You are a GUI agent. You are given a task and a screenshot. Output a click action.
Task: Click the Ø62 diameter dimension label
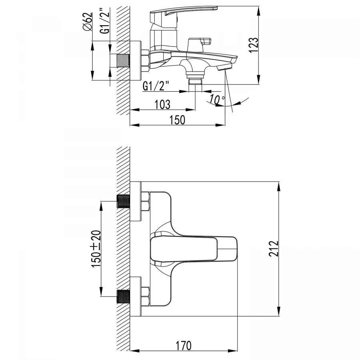[88, 22]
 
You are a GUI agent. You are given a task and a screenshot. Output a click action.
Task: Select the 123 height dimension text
[254, 45]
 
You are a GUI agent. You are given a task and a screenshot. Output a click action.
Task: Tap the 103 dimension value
[162, 104]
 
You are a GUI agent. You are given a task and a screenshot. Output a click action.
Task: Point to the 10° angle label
[217, 100]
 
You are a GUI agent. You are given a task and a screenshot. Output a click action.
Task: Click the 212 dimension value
[274, 249]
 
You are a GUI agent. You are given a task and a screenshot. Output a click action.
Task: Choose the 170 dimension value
[184, 345]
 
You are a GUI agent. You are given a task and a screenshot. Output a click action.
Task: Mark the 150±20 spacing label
[96, 249]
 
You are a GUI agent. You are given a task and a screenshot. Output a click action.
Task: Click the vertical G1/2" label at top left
[105, 21]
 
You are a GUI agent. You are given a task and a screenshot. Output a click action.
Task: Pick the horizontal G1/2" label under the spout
[156, 86]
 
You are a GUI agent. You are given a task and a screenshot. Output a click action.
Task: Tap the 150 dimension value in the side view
[177, 120]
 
